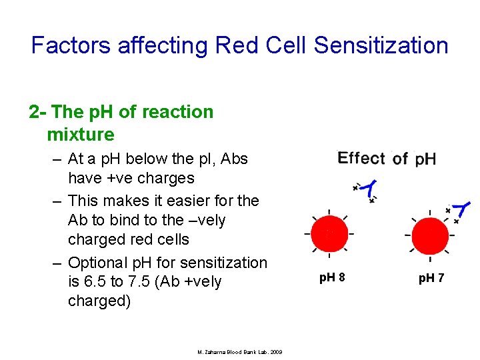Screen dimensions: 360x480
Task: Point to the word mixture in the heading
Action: coord(81,135)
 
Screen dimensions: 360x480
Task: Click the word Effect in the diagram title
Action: coord(361,159)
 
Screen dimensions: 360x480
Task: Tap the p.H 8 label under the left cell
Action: coord(332,277)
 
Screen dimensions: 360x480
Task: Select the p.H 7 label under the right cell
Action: coord(431,277)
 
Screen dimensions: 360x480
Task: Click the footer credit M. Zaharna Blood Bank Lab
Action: coord(240,351)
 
